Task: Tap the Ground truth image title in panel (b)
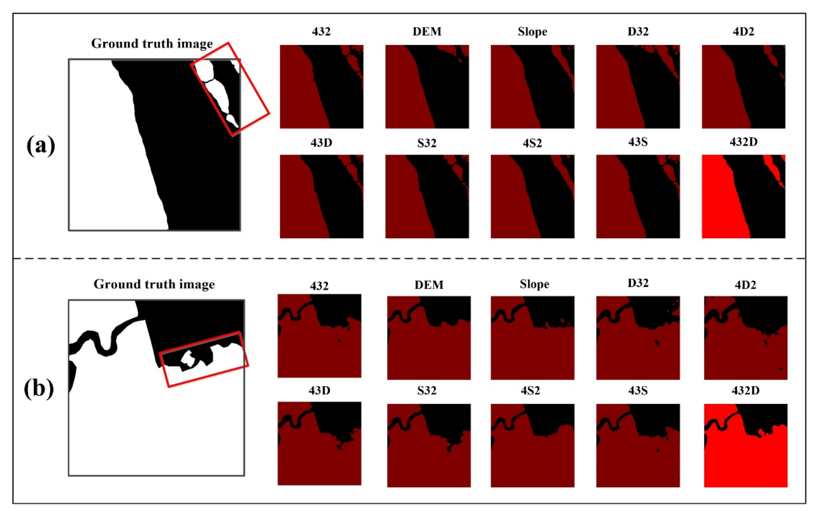154,284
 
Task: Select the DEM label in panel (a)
427,32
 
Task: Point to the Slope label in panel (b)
534,284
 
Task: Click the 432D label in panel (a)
743,142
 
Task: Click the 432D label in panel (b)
745,390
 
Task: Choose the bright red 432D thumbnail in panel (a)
743,196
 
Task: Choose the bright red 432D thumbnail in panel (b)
745,445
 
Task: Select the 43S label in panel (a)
638,142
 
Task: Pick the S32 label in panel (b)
427,390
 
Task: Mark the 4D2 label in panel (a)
743,32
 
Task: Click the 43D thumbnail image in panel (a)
321,196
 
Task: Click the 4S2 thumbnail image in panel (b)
532,445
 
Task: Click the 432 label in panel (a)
321,32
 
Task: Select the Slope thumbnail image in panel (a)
532,86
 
